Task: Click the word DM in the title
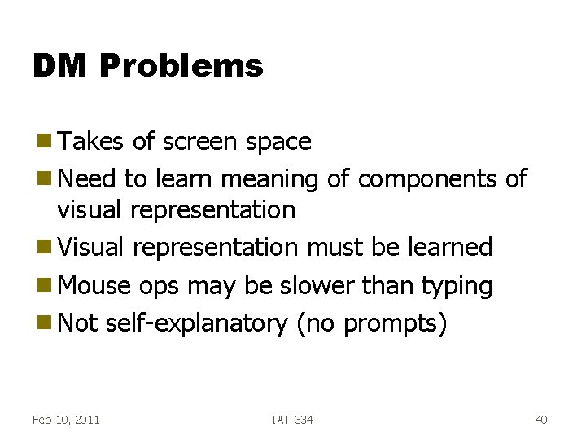(x=59, y=66)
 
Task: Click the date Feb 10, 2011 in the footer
(x=66, y=420)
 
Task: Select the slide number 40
(x=541, y=420)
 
